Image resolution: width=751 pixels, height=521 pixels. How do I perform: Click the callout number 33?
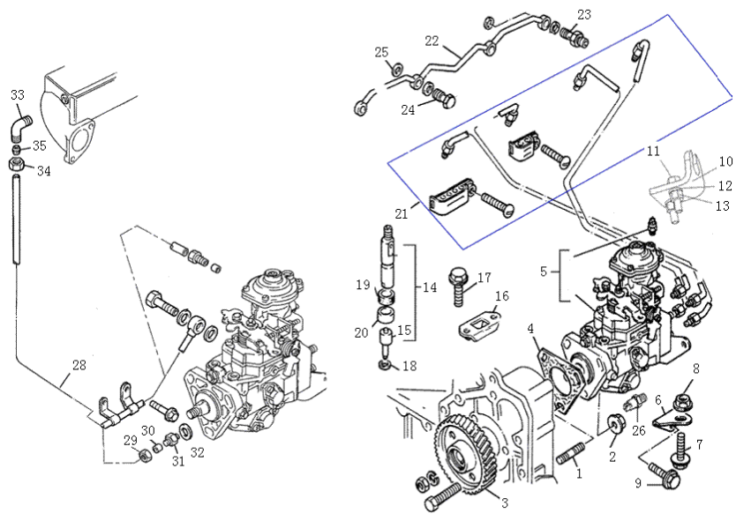[x=18, y=94]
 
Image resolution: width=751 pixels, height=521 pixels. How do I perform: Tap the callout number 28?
[x=79, y=365]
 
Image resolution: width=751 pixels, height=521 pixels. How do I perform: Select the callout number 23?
[x=585, y=15]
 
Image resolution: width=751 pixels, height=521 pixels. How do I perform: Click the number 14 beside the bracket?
[x=430, y=287]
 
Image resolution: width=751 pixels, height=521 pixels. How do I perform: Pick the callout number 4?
[x=531, y=329]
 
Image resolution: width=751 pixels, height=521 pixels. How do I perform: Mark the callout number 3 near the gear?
[x=504, y=503]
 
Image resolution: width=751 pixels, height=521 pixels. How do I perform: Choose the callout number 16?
[x=501, y=296]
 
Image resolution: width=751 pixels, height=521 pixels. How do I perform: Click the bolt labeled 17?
[x=460, y=283]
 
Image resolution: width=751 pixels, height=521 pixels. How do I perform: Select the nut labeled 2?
[x=612, y=428]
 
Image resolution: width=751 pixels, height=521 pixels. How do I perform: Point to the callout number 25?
[x=381, y=53]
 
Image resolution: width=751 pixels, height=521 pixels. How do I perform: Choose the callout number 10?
[x=725, y=162]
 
